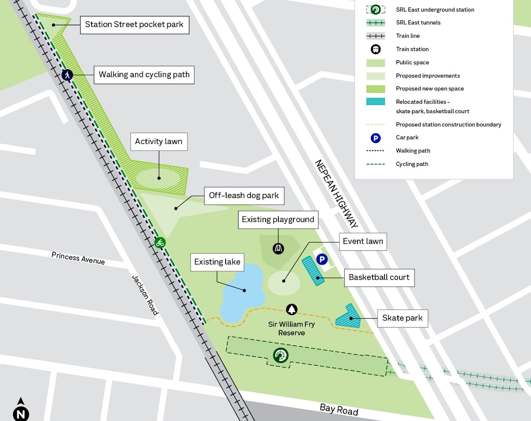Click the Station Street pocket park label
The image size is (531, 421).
(135, 25)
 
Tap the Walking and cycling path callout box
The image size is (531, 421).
(144, 74)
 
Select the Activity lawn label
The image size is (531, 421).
(158, 142)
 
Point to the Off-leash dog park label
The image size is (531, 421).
(244, 195)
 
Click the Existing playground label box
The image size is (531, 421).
(278, 219)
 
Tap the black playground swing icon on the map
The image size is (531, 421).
(279, 248)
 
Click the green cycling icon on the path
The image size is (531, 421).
(160, 242)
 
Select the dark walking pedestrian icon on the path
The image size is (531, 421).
(67, 75)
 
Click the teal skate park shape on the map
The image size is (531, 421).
(348, 317)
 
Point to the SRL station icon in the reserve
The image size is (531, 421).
(281, 355)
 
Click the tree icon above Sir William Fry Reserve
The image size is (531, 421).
(292, 309)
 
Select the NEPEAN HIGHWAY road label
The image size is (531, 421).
(336, 194)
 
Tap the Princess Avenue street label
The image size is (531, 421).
(78, 258)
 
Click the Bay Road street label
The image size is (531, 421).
(339, 409)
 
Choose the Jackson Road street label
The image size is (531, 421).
(145, 295)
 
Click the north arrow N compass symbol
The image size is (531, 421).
(21, 410)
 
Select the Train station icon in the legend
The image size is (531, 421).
(375, 49)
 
